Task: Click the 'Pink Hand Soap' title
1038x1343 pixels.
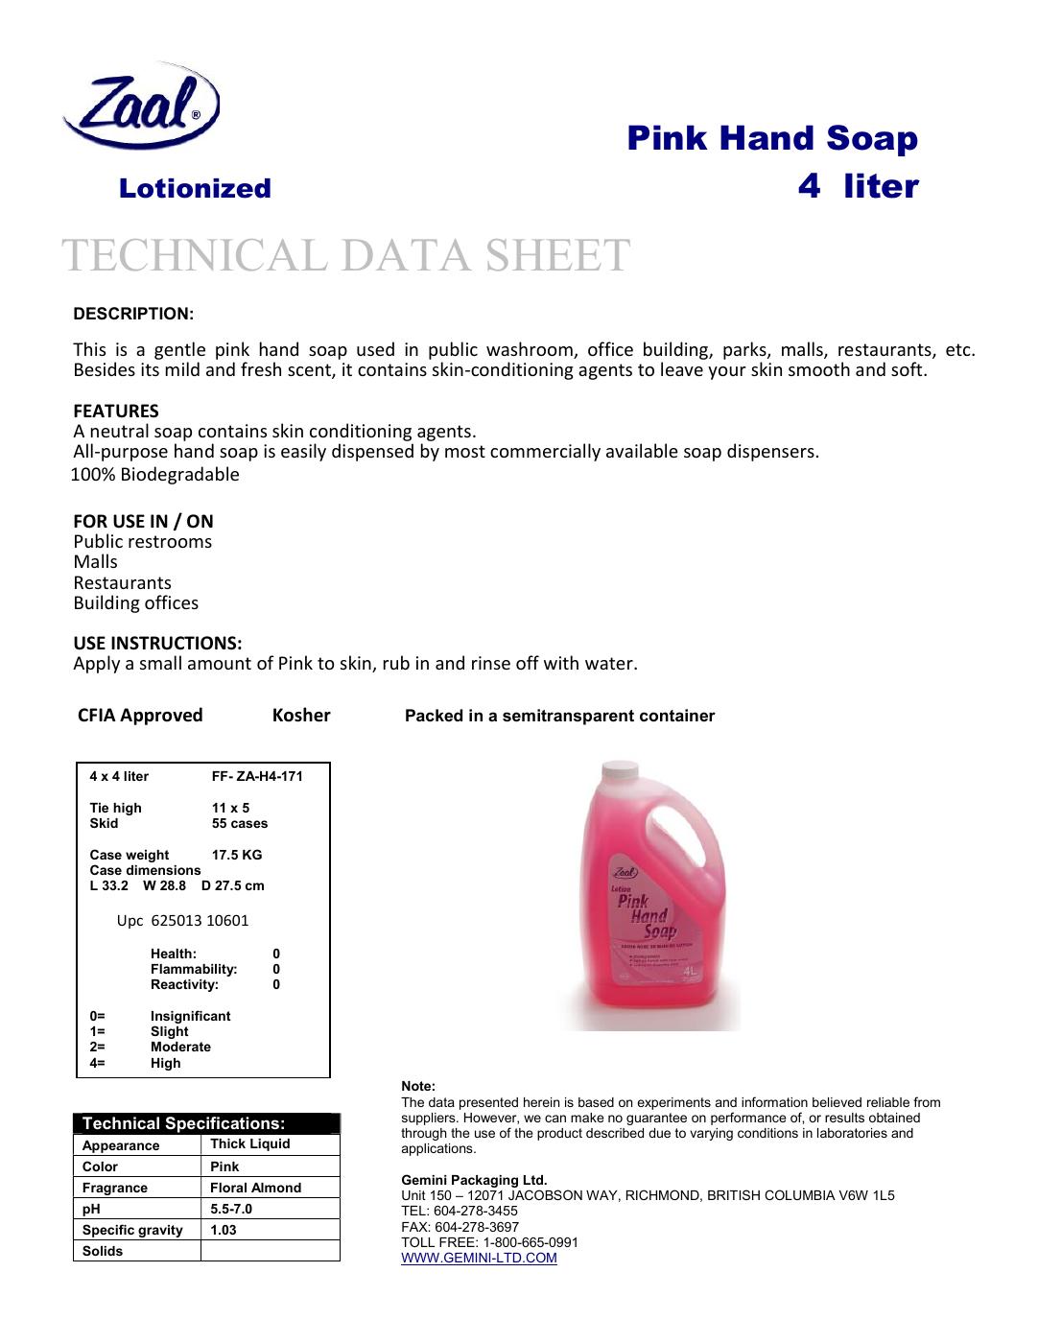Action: (772, 138)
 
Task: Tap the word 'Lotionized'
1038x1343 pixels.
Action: (195, 188)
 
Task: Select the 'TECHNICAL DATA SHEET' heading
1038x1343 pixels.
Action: (345, 255)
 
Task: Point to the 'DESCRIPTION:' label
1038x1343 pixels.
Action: (133, 315)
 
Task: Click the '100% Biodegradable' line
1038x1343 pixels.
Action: (156, 475)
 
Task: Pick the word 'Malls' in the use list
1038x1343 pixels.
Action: (96, 562)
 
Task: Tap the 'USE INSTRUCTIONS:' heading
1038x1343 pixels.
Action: (157, 642)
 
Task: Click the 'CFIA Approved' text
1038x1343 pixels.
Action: (140, 715)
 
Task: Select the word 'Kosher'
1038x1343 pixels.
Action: (301, 715)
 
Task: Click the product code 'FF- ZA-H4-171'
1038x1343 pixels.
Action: (256, 776)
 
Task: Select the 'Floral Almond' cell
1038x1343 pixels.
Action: (255, 1188)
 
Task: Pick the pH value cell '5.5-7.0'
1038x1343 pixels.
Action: (231, 1209)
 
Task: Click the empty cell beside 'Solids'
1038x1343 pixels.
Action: (270, 1251)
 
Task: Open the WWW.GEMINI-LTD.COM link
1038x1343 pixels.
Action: (478, 1258)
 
